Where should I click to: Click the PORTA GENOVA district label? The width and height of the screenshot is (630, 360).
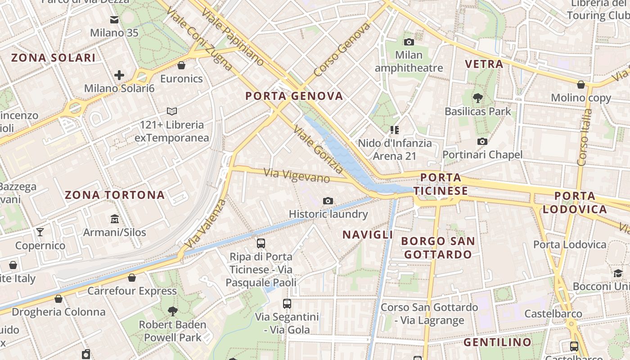point(294,96)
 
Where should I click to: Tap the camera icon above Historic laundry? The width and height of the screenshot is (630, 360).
point(328,201)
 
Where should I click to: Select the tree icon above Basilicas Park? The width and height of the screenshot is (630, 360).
point(477,98)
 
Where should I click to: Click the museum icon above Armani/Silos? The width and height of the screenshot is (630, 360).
point(115,219)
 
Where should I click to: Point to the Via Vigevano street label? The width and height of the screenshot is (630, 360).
point(297,175)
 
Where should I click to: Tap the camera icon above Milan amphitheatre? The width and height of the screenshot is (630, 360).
point(409,42)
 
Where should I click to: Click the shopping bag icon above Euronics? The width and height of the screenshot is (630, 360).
point(181,65)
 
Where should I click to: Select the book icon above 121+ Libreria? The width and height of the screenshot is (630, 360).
point(172,111)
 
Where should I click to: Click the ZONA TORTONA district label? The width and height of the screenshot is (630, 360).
point(115,195)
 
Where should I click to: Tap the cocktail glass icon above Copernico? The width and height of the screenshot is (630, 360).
point(40,232)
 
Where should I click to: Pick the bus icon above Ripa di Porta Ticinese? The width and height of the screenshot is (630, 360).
point(261,243)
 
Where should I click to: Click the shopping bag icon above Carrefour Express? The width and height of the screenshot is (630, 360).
point(132,278)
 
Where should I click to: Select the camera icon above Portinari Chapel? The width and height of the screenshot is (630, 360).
point(482,141)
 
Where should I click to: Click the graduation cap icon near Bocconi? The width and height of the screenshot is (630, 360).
point(618,273)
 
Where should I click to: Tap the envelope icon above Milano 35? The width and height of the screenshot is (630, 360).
point(114,19)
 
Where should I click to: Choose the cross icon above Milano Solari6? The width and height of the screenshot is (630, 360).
point(119,75)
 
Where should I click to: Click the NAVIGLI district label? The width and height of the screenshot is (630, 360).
point(368,234)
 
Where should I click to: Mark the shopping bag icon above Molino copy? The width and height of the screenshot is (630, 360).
point(581,84)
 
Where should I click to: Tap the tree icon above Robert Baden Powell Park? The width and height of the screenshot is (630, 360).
point(172,311)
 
